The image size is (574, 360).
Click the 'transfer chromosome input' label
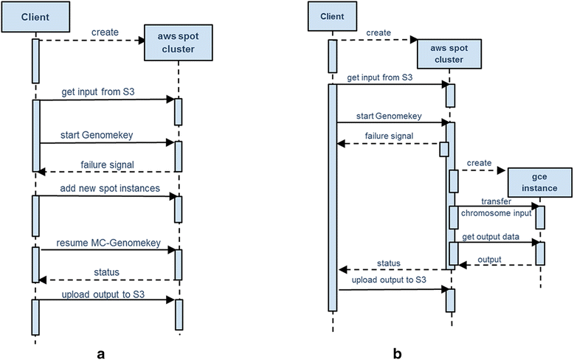click(x=498, y=207)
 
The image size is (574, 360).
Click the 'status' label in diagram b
click(x=389, y=263)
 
